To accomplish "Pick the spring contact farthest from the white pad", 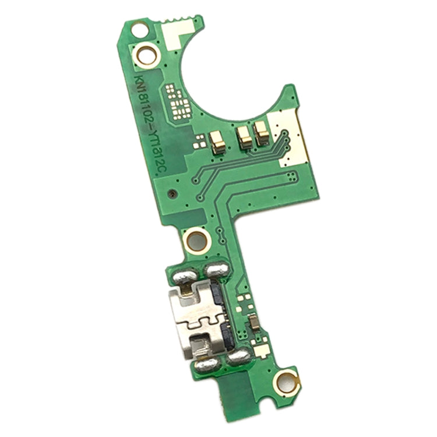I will pyautogui.click(x=217, y=140).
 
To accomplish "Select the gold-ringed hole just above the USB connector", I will pyautogui.click(x=196, y=239).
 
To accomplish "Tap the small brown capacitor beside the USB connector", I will pyautogui.click(x=255, y=320).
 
